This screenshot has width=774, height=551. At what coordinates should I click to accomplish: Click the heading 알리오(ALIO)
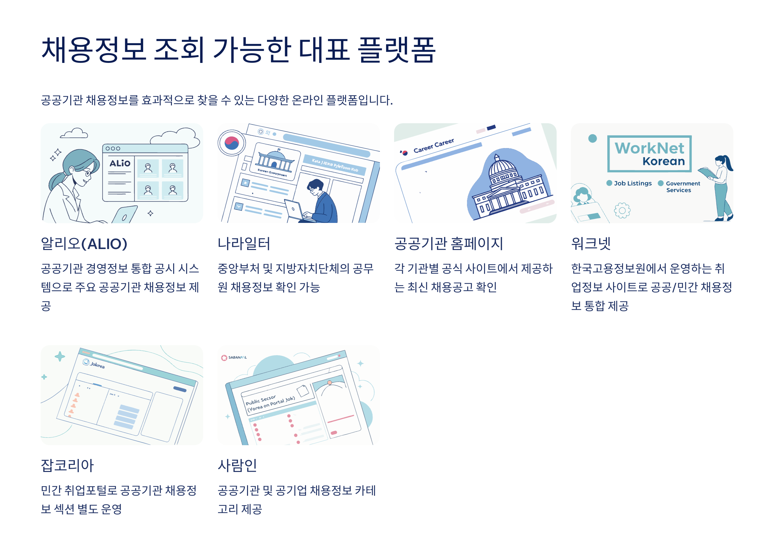pyautogui.click(x=84, y=243)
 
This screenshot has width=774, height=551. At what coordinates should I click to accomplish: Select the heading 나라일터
pyautogui.click(x=243, y=243)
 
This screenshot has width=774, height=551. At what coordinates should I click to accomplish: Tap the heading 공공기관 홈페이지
pyautogui.click(x=448, y=243)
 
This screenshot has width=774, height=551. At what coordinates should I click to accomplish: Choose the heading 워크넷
pyautogui.click(x=590, y=243)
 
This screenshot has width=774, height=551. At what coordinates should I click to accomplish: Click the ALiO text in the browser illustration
pyautogui.click(x=120, y=163)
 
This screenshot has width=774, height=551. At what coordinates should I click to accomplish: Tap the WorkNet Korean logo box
pyautogui.click(x=649, y=154)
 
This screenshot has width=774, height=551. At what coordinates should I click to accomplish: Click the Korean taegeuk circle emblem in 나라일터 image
pyautogui.click(x=232, y=143)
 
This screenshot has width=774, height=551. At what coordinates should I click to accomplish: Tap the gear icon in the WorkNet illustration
pyautogui.click(x=622, y=210)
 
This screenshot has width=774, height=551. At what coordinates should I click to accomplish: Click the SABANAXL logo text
pyautogui.click(x=237, y=357)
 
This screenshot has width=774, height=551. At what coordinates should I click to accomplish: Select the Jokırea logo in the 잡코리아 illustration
pyautogui.click(x=94, y=364)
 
